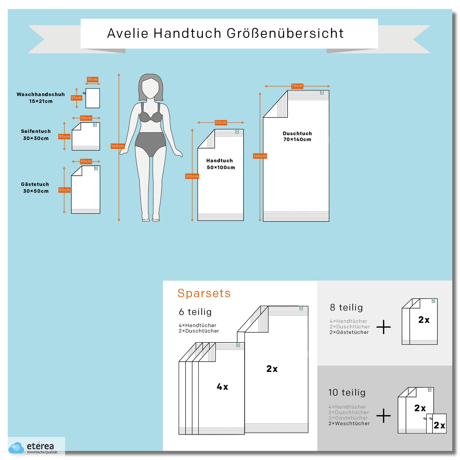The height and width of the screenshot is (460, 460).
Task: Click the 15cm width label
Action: coord(92,79)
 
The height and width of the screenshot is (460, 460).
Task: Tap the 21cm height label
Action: coord(76,98)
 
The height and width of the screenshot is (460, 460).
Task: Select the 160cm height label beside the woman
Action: coord(118,146)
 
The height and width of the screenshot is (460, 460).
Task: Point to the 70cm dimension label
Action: coord(297,86)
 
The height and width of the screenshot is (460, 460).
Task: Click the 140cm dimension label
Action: coord(260,156)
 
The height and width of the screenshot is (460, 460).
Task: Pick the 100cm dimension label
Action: coord(192,176)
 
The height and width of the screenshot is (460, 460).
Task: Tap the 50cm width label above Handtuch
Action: coord(221,122)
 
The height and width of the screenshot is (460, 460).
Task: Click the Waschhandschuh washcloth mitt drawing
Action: coord(92,98)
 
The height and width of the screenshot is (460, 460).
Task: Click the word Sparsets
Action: coord(204,293)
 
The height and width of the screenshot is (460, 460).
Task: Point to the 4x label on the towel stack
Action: coord(222,387)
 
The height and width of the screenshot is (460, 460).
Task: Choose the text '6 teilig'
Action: coord(195,312)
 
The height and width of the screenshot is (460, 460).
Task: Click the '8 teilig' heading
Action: coord(346,307)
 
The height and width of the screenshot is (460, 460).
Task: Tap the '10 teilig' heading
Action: coord(347,392)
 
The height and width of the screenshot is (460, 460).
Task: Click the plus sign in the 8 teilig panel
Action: coord(384,327)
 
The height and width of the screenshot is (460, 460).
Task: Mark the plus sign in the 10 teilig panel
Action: coord(384,416)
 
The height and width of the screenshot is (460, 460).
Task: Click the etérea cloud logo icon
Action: coord(16,447)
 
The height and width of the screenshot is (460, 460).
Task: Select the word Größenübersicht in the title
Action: coord(285,33)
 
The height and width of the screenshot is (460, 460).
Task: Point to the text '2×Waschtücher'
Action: coord(349,423)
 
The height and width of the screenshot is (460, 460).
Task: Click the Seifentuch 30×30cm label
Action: coord(36,135)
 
